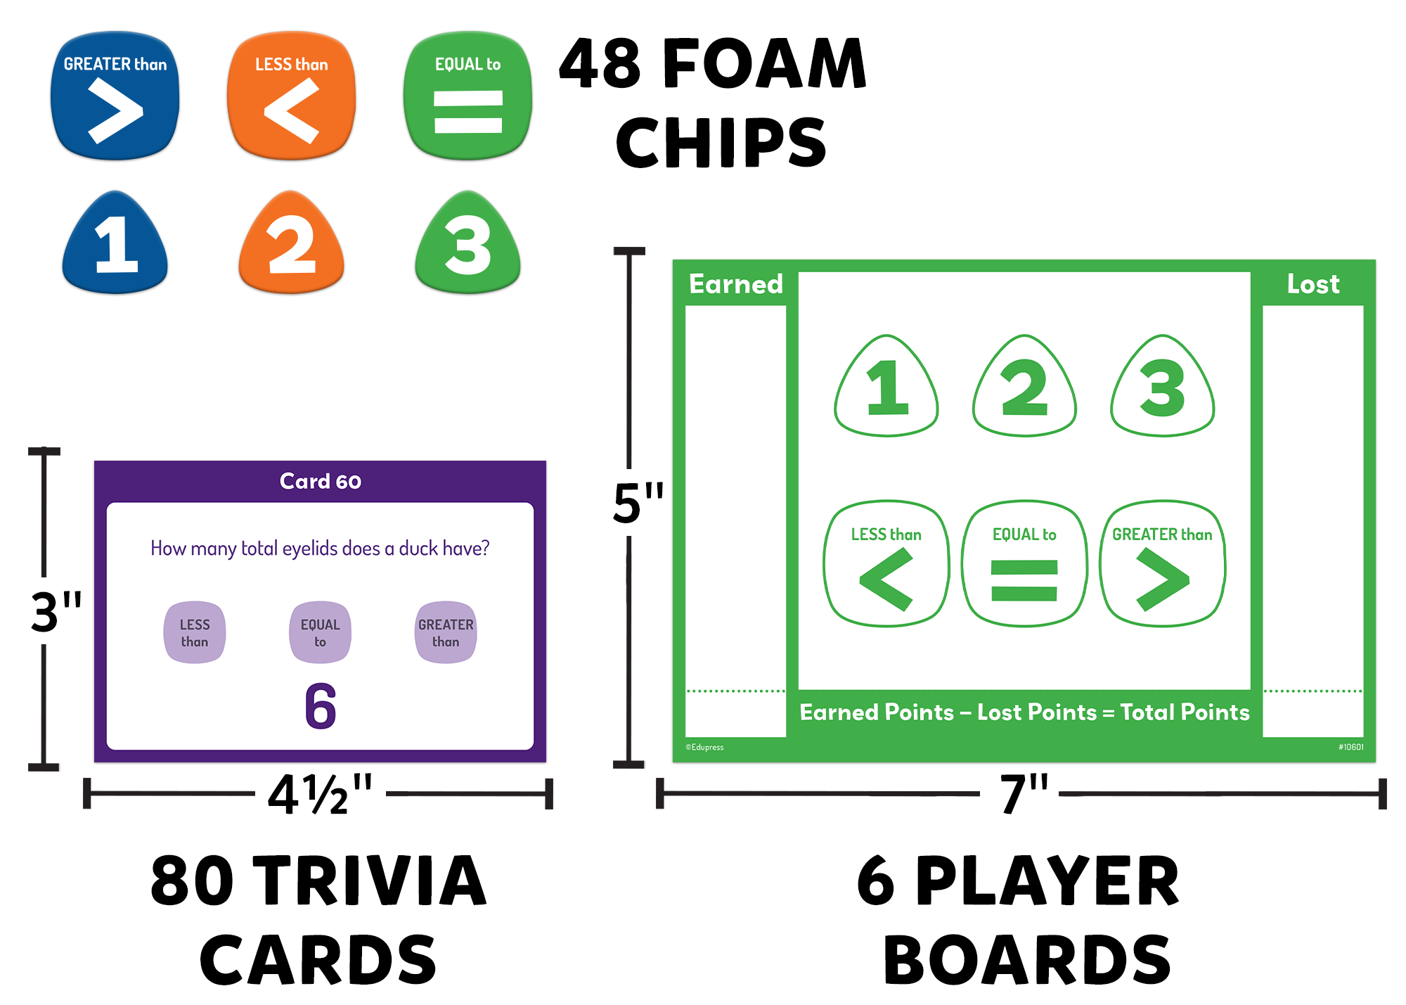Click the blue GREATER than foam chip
coord(115,96)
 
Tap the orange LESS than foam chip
coord(291,96)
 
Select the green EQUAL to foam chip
coord(467,96)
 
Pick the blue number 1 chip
coord(115,244)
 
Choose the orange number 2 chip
coord(291,244)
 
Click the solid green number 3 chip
coord(467,244)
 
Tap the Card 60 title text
coord(320,481)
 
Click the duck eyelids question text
coord(320,549)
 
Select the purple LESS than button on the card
coord(195,632)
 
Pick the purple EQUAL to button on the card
coord(320,632)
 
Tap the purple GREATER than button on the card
coord(446,632)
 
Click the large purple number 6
coord(321,705)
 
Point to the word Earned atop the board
coord(735,284)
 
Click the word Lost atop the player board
coord(1313,284)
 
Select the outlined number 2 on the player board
coord(1024,387)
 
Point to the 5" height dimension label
coord(637,503)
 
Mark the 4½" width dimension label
coord(320,795)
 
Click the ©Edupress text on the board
coord(704,747)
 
